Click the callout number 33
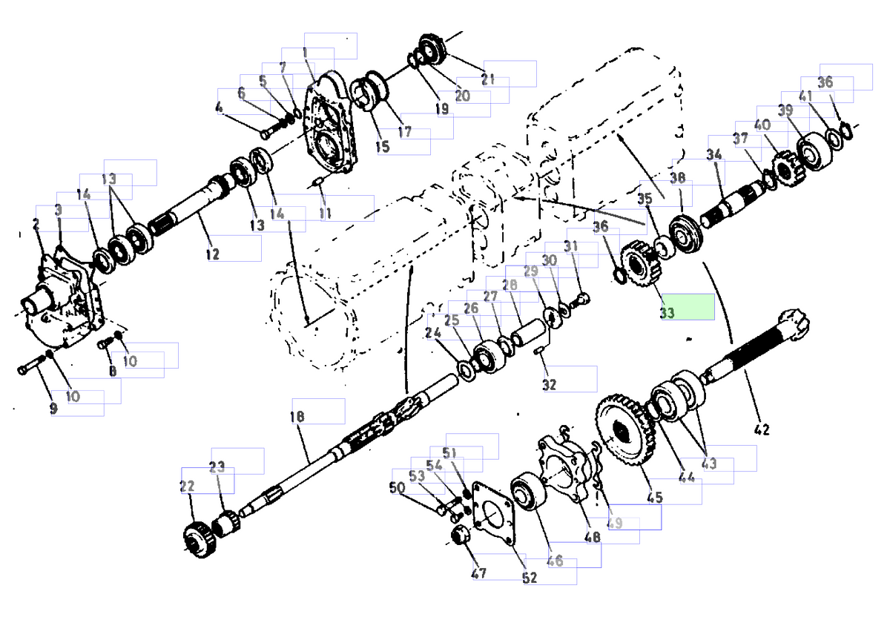point(667,313)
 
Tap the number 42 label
point(761,429)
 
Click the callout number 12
point(213,254)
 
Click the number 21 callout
point(487,79)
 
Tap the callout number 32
point(548,385)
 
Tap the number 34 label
point(713,155)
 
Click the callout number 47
point(478,573)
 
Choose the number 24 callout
point(433,334)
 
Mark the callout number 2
point(35,224)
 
